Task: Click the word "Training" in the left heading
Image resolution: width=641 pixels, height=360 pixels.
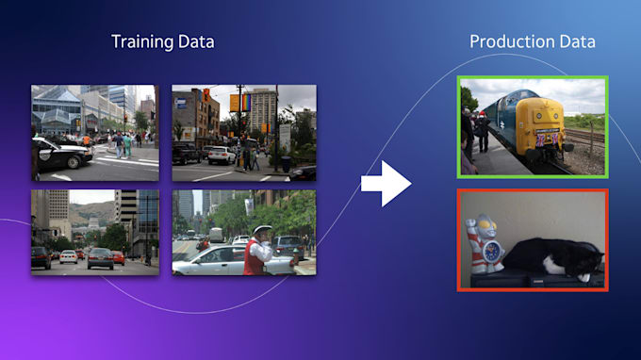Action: coord(141,41)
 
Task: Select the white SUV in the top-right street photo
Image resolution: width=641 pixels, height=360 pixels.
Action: coord(222,155)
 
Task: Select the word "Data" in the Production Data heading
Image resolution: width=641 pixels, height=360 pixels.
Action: coord(575,41)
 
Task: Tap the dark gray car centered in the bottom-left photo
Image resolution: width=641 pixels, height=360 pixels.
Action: coord(100,257)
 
